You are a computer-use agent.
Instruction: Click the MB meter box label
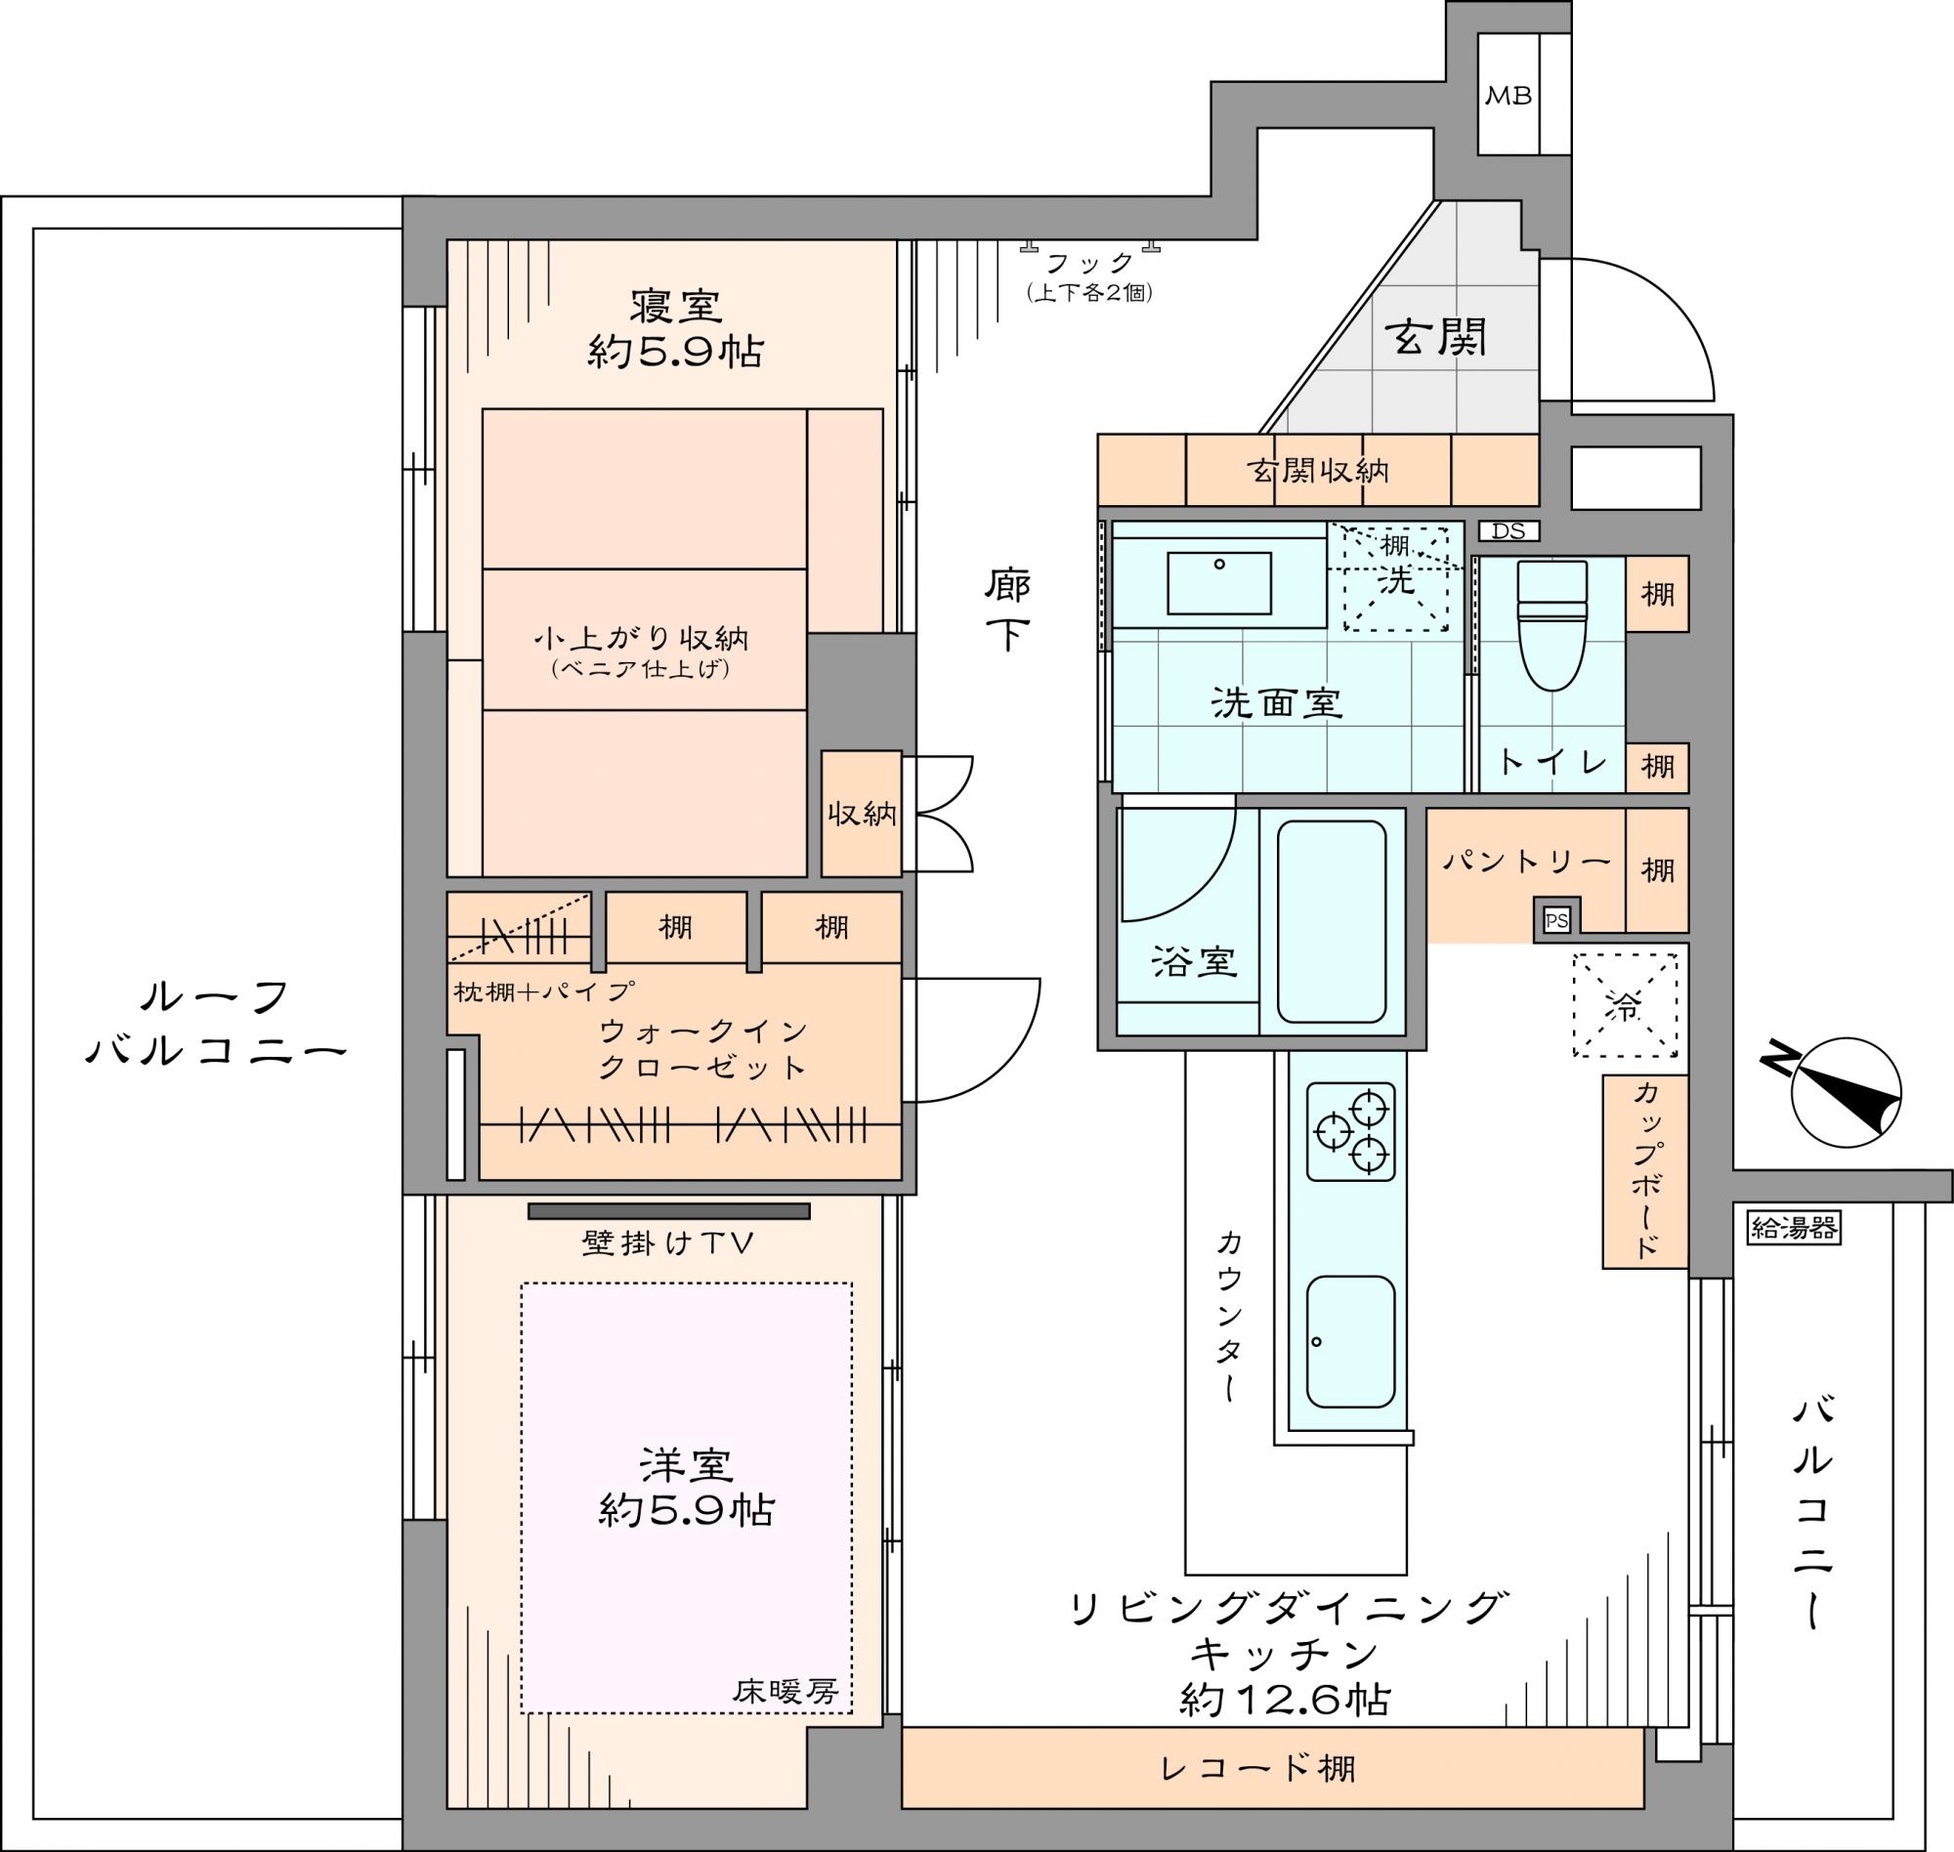pyautogui.click(x=1508, y=96)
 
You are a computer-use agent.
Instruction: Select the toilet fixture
pyautogui.click(x=1553, y=625)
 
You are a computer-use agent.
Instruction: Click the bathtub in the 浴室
pyautogui.click(x=1331, y=922)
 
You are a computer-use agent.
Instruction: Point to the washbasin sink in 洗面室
pyautogui.click(x=1218, y=582)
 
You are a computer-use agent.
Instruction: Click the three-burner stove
pyautogui.click(x=1351, y=1131)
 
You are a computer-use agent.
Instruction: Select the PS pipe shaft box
pyautogui.click(x=1556, y=921)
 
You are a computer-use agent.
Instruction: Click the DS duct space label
pyautogui.click(x=1508, y=531)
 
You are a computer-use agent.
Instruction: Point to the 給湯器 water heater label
pyautogui.click(x=1793, y=1227)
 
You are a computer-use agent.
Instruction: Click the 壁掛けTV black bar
pyautogui.click(x=668, y=1211)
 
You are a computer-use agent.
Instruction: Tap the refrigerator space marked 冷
pyautogui.click(x=1625, y=1005)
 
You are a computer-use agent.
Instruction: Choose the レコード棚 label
pyautogui.click(x=1259, y=1767)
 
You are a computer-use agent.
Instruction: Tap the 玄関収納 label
pyautogui.click(x=1318, y=470)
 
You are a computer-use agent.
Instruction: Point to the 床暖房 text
pyautogui.click(x=786, y=1690)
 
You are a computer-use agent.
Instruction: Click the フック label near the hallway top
pyautogui.click(x=1090, y=263)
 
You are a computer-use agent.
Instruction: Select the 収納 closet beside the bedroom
pyautogui.click(x=862, y=814)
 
